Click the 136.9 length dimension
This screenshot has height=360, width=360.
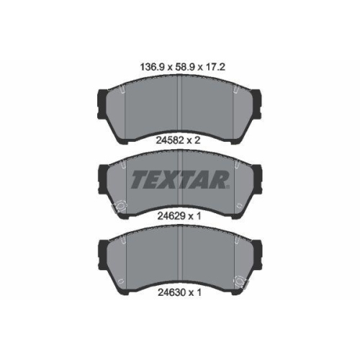[x=152, y=67]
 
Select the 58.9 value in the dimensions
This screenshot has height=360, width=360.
[x=185, y=67]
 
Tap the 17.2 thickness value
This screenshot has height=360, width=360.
[x=215, y=67]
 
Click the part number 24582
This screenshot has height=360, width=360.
[x=170, y=140]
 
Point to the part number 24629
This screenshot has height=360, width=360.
[x=171, y=216]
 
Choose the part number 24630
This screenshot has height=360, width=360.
[x=171, y=292]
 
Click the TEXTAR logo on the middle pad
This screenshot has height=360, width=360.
[x=179, y=179]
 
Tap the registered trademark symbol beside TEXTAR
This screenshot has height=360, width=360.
[x=228, y=186]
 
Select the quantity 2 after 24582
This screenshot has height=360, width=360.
[x=197, y=140]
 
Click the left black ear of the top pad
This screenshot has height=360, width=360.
[x=102, y=104]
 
